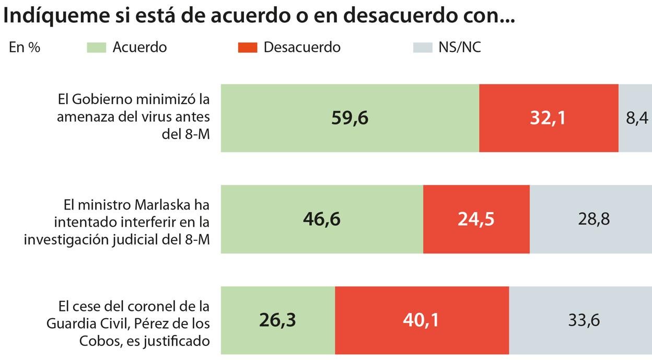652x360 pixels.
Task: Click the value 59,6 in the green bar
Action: (x=350, y=118)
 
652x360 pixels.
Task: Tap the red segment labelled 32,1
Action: (x=548, y=118)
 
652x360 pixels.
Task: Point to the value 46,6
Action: (x=321, y=219)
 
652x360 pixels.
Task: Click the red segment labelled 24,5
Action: (x=476, y=219)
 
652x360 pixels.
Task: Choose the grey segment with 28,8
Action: (x=591, y=219)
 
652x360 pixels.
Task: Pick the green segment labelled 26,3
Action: (x=277, y=320)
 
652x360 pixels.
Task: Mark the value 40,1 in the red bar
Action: (x=421, y=320)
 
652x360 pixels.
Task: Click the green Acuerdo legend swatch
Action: (x=96, y=48)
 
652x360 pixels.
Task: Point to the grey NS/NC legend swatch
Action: (x=423, y=48)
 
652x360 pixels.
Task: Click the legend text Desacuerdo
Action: (x=302, y=48)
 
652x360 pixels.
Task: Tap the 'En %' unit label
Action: (x=25, y=48)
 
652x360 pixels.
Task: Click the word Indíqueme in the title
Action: (x=46, y=16)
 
